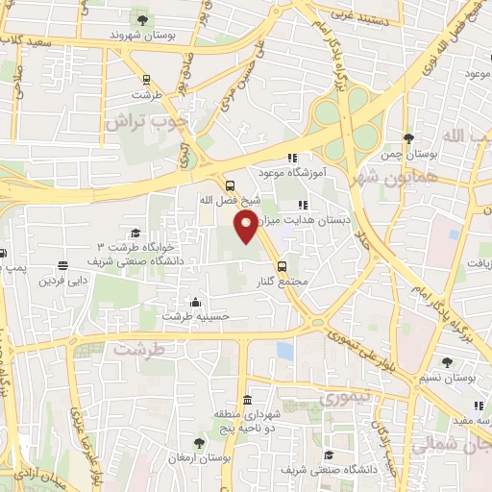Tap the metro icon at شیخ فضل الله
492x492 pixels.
(229, 186)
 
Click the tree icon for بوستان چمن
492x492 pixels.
(409, 138)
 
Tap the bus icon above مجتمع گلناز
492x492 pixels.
(282, 266)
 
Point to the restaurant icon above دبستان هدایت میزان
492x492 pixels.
(304, 205)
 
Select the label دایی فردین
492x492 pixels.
(62, 282)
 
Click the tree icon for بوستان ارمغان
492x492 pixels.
(199, 443)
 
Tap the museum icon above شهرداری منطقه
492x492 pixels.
(248, 401)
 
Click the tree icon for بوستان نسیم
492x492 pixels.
(448, 362)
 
